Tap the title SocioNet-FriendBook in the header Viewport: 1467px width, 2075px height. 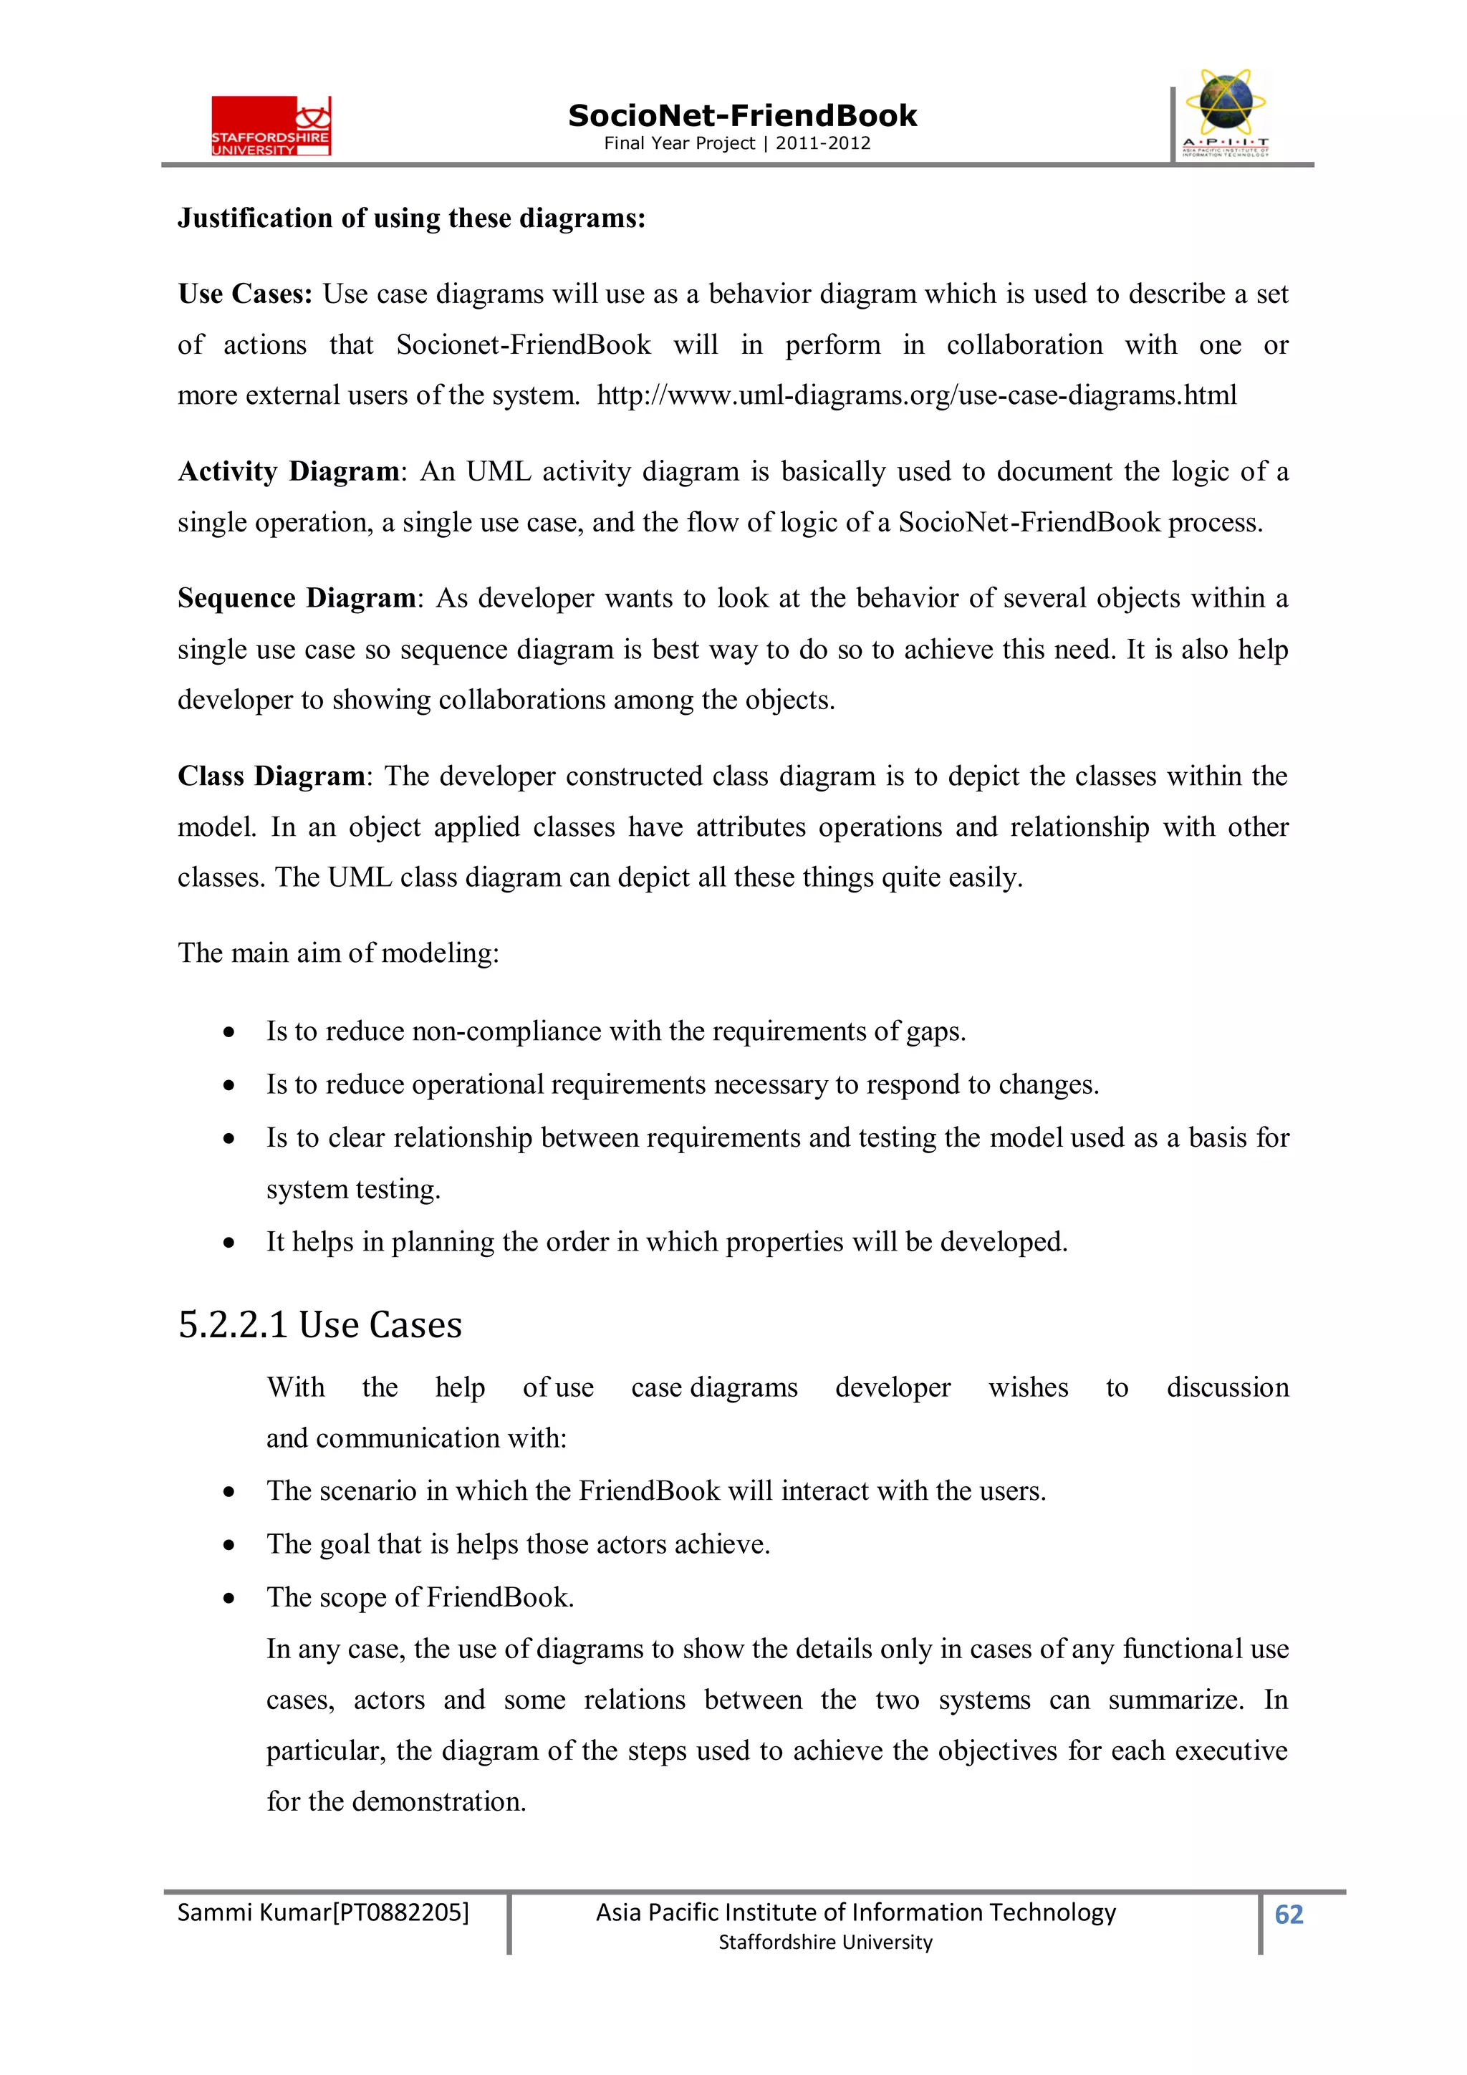741,116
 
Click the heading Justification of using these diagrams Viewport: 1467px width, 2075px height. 411,218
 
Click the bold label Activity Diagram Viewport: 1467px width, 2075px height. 289,472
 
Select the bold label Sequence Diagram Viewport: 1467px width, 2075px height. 296,598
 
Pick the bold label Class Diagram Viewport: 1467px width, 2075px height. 270,776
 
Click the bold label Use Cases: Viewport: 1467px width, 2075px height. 245,294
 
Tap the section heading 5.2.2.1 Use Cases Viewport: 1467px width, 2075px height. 320,1325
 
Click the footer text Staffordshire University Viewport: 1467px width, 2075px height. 824,1942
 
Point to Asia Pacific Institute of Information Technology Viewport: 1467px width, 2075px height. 855,1912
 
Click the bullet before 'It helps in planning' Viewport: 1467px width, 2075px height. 230,1243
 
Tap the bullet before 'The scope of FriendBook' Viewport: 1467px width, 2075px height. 230,1599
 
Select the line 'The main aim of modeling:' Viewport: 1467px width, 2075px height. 338,953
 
